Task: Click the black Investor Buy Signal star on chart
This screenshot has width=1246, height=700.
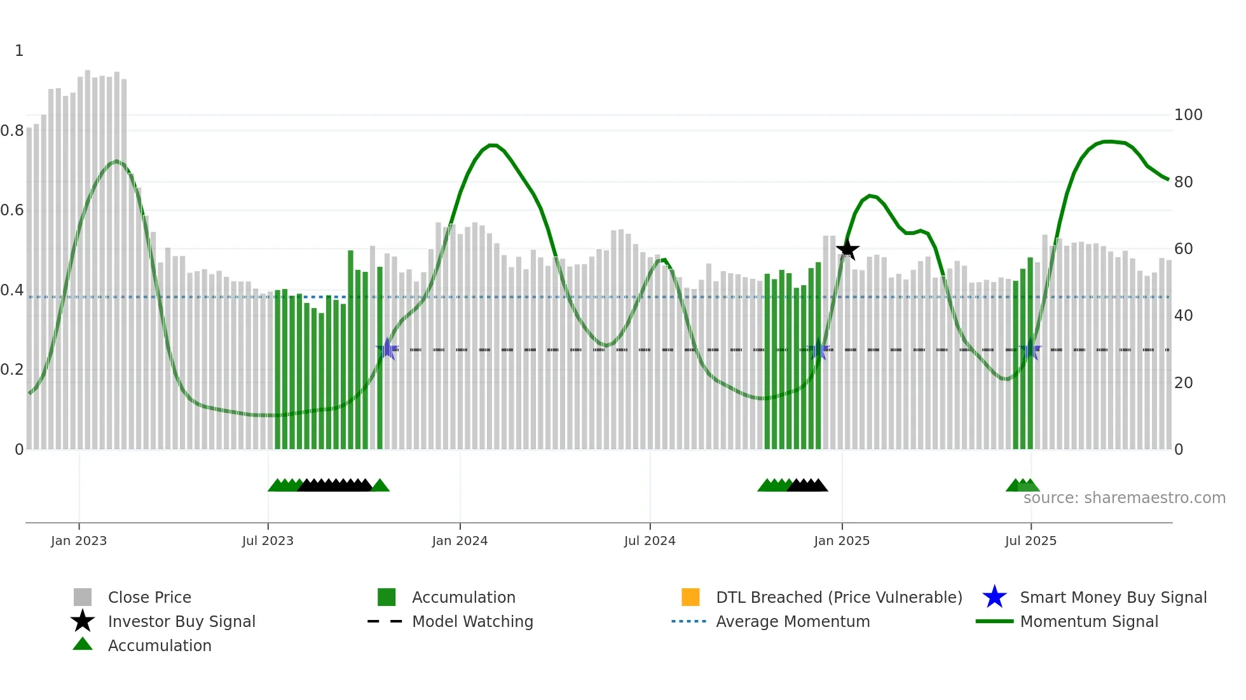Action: pyautogui.click(x=847, y=249)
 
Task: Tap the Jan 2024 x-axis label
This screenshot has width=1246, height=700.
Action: pyautogui.click(x=460, y=541)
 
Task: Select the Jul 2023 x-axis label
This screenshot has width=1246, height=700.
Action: pyautogui.click(x=268, y=541)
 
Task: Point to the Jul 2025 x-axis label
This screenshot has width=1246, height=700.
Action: pyautogui.click(x=1030, y=541)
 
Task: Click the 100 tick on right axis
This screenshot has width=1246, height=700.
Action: pyautogui.click(x=1188, y=115)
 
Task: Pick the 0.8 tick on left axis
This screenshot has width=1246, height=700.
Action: pyautogui.click(x=13, y=131)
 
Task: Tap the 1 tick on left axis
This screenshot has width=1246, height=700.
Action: pyautogui.click(x=19, y=51)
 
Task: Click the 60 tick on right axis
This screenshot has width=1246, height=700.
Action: pyautogui.click(x=1183, y=249)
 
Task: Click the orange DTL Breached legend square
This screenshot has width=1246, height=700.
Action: pyautogui.click(x=690, y=597)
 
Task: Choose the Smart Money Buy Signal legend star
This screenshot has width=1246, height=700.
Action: pyautogui.click(x=994, y=597)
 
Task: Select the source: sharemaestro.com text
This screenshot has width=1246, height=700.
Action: pyautogui.click(x=1124, y=498)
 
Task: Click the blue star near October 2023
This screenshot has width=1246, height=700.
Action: pyautogui.click(x=387, y=349)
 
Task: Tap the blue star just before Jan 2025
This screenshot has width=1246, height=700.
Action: pyautogui.click(x=818, y=350)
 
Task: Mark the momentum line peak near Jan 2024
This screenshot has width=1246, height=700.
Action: pyautogui.click(x=493, y=145)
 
